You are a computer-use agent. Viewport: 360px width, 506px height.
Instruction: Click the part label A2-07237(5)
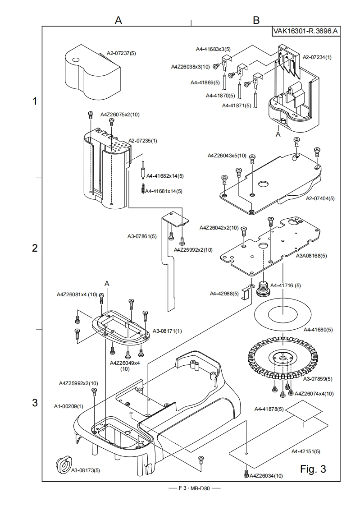click(x=121, y=53)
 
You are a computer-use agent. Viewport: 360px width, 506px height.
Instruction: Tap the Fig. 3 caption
click(x=313, y=469)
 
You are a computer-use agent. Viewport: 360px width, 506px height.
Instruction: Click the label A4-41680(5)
click(x=319, y=330)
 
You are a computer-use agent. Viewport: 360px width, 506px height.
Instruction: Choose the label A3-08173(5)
click(x=86, y=470)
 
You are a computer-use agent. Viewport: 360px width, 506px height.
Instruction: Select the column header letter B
click(x=256, y=20)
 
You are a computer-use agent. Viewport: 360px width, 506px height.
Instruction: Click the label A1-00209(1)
click(x=69, y=406)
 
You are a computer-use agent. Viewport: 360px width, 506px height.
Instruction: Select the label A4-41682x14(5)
click(x=164, y=175)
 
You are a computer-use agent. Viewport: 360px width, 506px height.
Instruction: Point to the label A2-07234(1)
click(x=317, y=57)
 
